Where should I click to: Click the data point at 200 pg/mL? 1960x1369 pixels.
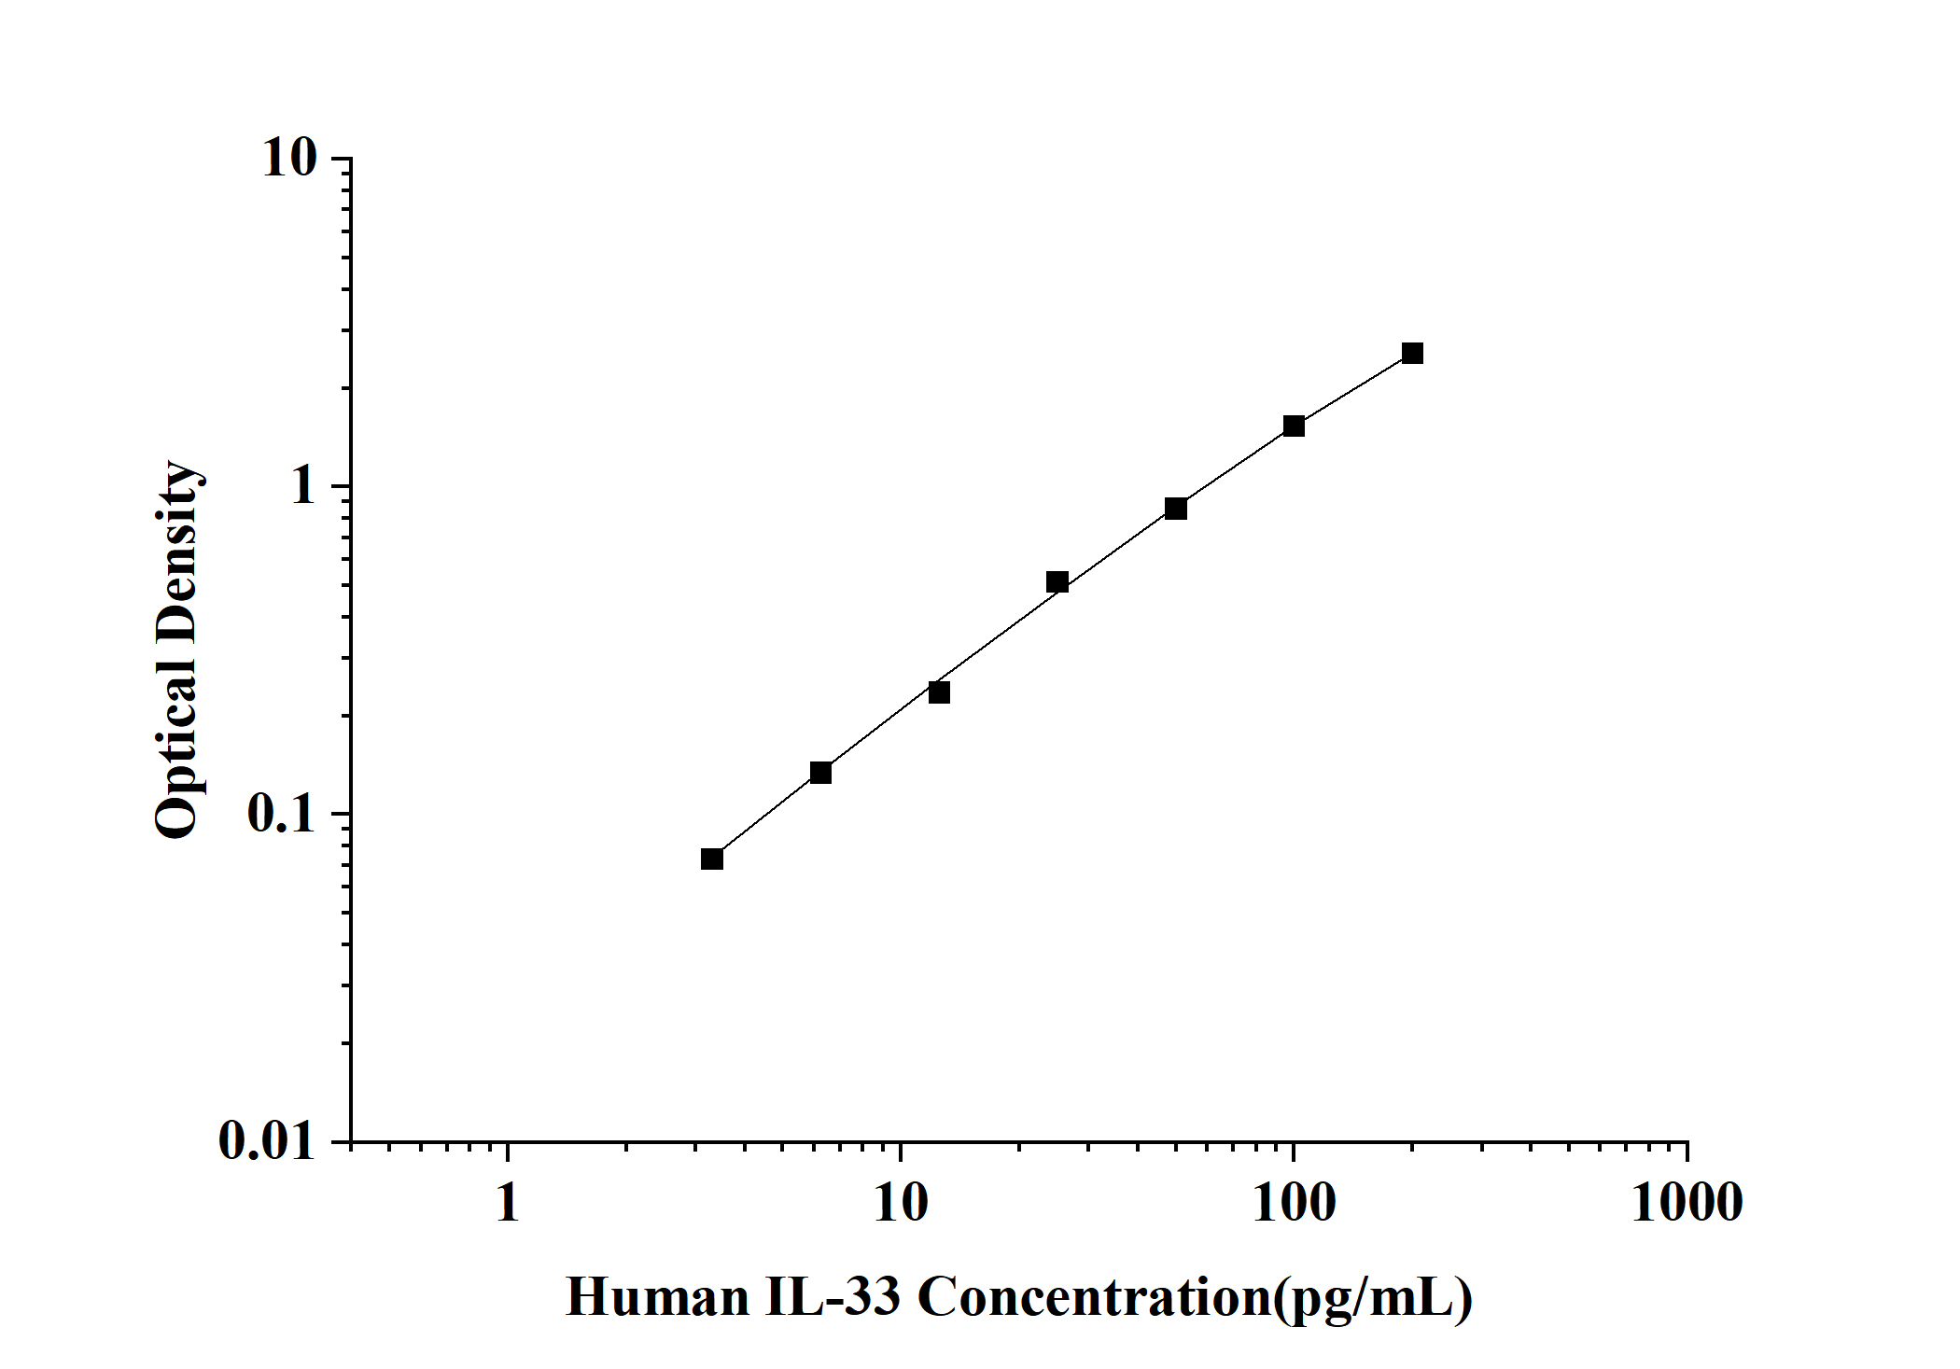point(1412,353)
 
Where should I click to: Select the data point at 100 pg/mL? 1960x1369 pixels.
point(1294,426)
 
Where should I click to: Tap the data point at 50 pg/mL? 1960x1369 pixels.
point(1176,509)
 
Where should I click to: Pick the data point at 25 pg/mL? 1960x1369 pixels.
point(1057,582)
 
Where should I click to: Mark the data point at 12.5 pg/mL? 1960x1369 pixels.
point(939,692)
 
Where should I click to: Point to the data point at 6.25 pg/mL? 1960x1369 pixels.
point(820,773)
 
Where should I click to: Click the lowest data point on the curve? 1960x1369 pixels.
point(712,859)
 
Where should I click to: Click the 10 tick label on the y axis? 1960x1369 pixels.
point(289,159)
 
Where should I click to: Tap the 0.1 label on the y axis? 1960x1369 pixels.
point(282,814)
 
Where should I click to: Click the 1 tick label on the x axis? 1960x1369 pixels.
point(507,1202)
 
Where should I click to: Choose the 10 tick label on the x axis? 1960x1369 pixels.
point(901,1202)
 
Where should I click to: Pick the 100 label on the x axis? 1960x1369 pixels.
point(1294,1202)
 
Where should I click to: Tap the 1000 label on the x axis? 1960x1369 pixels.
point(1687,1202)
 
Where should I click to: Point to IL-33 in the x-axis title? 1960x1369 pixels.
point(833,1297)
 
